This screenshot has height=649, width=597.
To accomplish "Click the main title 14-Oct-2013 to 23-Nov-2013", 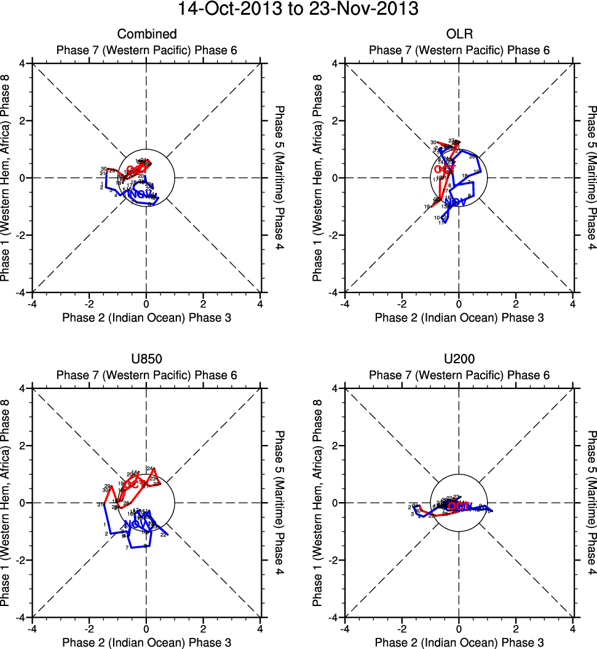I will coord(298,9).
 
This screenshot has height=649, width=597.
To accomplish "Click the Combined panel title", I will coord(147,34).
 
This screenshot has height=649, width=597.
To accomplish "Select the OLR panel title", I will coord(459,34).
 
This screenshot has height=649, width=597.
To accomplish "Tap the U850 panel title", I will coord(147,360).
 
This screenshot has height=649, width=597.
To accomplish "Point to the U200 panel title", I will coord(459,360).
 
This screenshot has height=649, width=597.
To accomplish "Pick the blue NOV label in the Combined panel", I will coord(141,194).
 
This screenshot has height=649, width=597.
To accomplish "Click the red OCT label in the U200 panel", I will coord(458,506).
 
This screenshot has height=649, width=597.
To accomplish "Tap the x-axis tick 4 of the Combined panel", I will coord(260,304).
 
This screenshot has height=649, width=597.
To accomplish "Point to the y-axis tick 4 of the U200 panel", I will coord(334,388).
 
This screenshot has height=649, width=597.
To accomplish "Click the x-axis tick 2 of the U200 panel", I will coord(516,629).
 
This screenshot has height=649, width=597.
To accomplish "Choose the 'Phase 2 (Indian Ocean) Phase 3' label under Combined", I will coord(147,317).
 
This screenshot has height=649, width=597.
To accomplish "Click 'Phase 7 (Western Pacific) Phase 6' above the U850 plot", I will coord(147,375).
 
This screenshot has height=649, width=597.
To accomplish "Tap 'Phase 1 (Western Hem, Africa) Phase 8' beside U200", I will coord(317,503).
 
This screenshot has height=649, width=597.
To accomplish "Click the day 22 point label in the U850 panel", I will coord(163,535).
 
